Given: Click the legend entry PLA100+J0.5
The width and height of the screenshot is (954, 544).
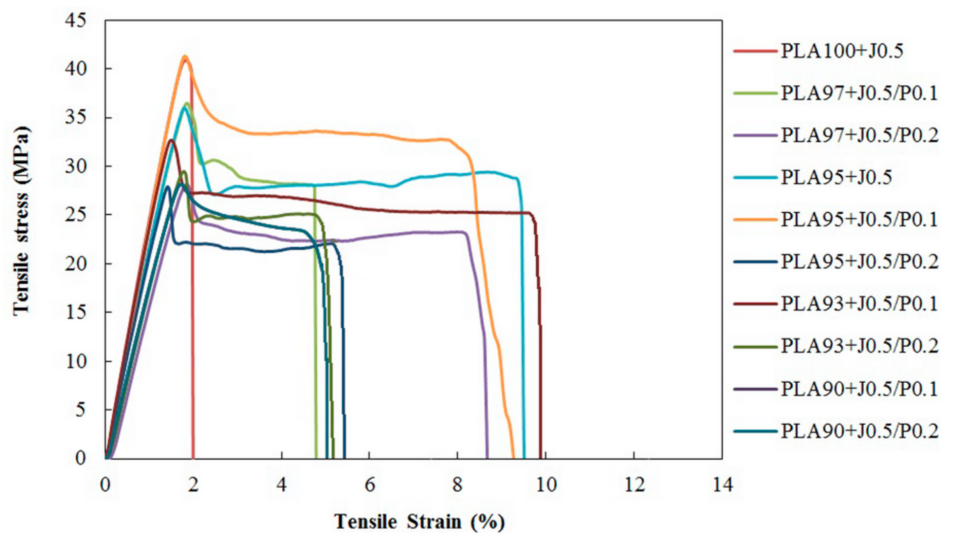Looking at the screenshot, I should tap(842, 51).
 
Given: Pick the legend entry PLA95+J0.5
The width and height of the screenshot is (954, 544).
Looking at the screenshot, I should tap(836, 178).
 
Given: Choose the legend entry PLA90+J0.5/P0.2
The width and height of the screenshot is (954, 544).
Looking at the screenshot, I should tap(859, 431).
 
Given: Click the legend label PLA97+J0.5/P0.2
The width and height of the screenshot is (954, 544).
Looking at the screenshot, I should tap(859, 136).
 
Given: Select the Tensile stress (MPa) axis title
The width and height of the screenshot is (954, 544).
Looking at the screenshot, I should tap(22, 220).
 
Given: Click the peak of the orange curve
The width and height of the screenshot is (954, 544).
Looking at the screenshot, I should tap(185, 57).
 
